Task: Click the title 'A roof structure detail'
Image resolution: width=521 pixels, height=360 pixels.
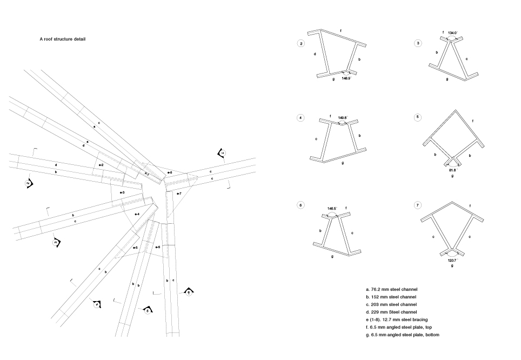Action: [x=62, y=39]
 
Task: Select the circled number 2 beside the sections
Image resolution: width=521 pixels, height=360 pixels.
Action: [x=302, y=43]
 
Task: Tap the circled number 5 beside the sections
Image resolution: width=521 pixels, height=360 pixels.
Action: [x=418, y=117]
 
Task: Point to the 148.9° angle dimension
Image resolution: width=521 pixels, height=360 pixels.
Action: [x=346, y=78]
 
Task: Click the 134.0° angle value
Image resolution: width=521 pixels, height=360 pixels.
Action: [x=452, y=32]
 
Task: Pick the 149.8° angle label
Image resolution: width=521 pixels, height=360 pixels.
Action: [x=343, y=117]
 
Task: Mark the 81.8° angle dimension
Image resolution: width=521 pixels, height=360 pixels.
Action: [x=452, y=170]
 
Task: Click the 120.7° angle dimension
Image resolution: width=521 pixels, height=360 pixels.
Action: [x=452, y=261]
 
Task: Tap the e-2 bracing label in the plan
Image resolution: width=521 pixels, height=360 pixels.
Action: [x=101, y=164]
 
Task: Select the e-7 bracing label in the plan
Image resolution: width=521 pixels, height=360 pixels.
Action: [x=179, y=193]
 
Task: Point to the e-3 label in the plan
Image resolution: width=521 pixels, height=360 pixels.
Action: [x=122, y=193]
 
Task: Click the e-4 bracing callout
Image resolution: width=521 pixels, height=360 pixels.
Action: [x=137, y=215]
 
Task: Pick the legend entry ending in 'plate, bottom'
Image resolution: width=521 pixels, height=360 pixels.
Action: [x=406, y=335]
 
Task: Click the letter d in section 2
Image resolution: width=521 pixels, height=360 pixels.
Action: [x=315, y=54]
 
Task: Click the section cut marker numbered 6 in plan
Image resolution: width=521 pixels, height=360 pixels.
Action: [x=189, y=292]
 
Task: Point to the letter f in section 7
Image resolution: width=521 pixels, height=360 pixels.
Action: [x=470, y=206]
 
